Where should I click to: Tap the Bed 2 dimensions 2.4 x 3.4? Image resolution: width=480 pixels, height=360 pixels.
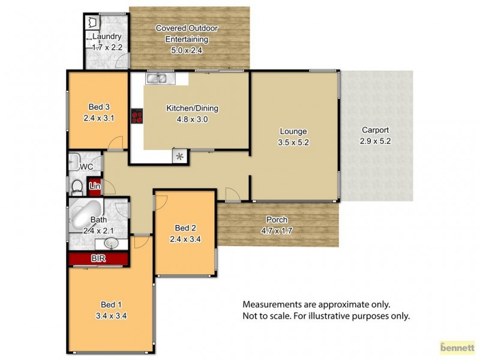pyautogui.click(x=185, y=238)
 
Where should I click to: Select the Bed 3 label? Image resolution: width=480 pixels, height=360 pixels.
pyautogui.click(x=97, y=108)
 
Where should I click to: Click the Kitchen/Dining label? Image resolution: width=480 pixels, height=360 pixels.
pyautogui.click(x=192, y=109)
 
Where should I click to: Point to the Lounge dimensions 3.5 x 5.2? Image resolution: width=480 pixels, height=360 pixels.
pyautogui.click(x=293, y=142)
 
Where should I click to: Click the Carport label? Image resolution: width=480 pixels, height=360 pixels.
pyautogui.click(x=376, y=130)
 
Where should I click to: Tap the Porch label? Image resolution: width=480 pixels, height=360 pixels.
pyautogui.click(x=277, y=219)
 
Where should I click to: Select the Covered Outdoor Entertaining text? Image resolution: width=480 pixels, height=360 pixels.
pyautogui.click(x=187, y=34)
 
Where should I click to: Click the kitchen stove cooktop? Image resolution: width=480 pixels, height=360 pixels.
pyautogui.click(x=137, y=116)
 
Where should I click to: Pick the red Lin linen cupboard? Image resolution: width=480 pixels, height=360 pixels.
pyautogui.click(x=94, y=187)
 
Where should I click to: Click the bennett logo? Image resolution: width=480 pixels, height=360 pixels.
pyautogui.click(x=458, y=347)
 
